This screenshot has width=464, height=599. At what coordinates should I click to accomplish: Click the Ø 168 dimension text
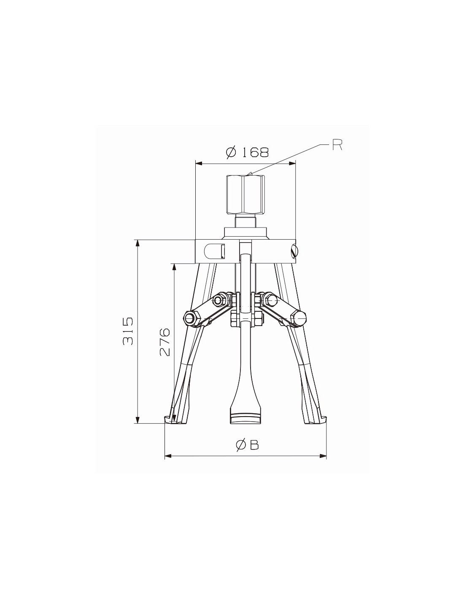click(247, 152)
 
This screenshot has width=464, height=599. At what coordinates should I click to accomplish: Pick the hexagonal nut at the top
click(245, 195)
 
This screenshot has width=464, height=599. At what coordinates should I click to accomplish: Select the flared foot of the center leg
click(245, 414)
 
